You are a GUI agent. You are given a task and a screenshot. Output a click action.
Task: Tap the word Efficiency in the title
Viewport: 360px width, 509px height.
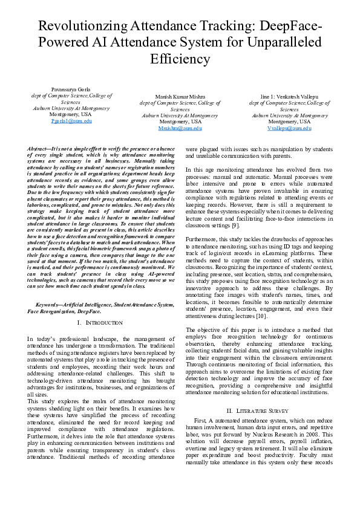tap(180, 59)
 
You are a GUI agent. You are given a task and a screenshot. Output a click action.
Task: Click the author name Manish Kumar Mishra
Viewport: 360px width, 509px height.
tap(180, 97)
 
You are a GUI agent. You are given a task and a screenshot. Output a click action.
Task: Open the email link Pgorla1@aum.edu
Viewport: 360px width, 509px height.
tap(71, 121)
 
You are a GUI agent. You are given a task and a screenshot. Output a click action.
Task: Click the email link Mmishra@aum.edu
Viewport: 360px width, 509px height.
tap(180, 128)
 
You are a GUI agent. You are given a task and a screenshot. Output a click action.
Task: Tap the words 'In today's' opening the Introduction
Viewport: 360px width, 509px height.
tap(41, 339)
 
